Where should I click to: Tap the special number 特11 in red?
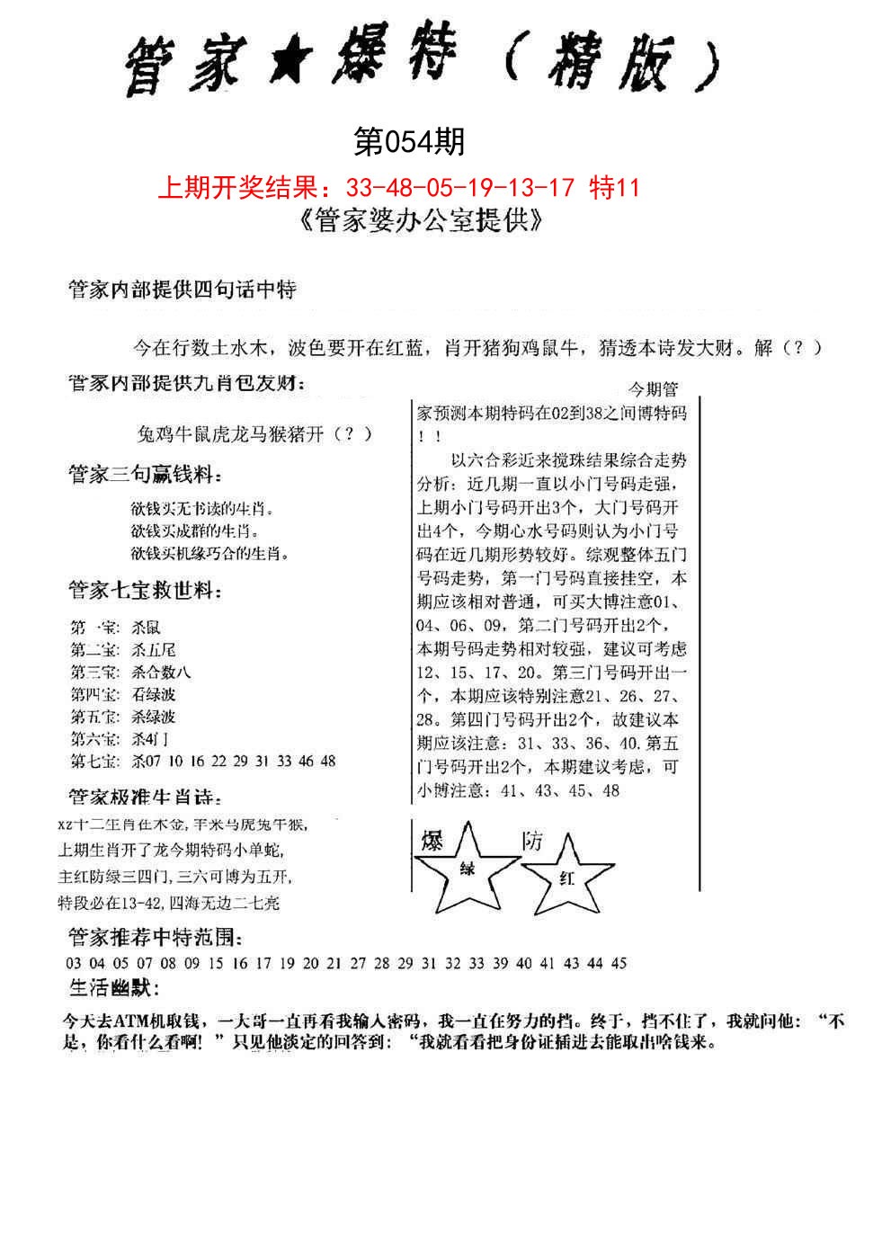click(613, 188)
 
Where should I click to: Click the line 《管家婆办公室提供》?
click(419, 221)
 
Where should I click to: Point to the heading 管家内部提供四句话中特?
click(183, 290)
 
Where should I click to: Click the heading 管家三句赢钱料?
click(145, 475)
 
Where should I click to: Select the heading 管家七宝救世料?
click(145, 591)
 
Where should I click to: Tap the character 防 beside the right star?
click(532, 841)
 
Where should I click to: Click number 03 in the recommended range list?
click(74, 963)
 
